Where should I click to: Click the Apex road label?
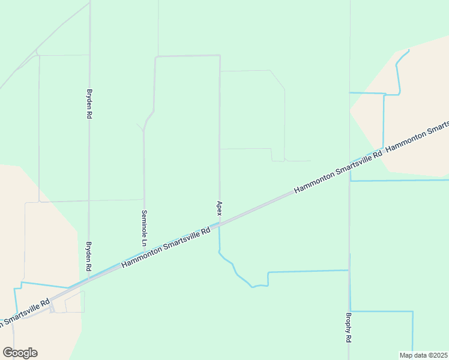click(220, 208)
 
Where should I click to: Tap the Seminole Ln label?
click(144, 229)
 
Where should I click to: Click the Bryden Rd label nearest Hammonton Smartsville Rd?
click(88, 257)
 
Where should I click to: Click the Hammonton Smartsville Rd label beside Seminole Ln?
click(166, 247)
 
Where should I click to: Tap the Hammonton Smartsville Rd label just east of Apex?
click(337, 173)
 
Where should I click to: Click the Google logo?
click(20, 353)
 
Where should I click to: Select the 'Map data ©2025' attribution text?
click(424, 355)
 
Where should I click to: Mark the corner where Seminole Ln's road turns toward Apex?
click(156, 57)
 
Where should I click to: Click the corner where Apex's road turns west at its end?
click(220, 56)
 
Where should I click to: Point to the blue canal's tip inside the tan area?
click(409, 50)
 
